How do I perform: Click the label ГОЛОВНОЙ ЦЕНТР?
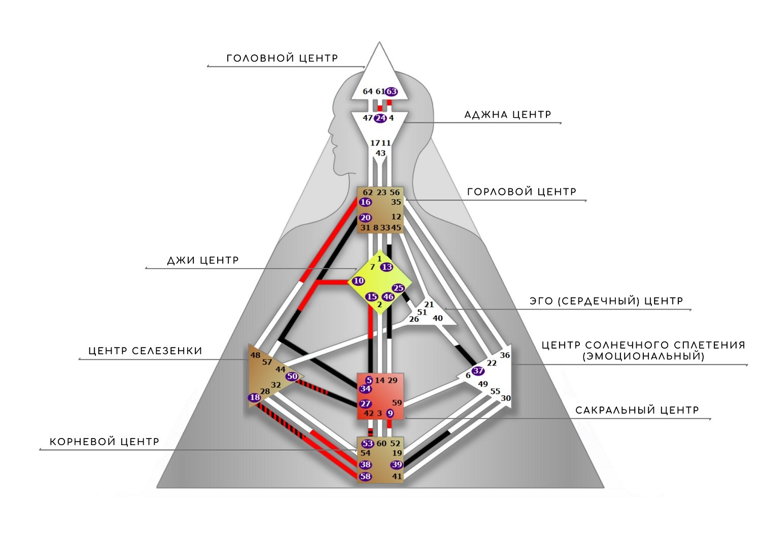pyautogui.click(x=282, y=58)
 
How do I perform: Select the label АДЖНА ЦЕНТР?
pyautogui.click(x=507, y=115)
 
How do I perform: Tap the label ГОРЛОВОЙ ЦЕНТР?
pyautogui.click(x=522, y=192)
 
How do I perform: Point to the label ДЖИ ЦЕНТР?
pyautogui.click(x=203, y=260)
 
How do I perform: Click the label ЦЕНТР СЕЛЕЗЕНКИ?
pyautogui.click(x=146, y=351)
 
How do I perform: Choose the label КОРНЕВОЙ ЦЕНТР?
pyautogui.click(x=105, y=442)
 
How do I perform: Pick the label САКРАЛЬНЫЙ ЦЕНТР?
pyautogui.click(x=637, y=410)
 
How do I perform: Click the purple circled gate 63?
pyautogui.click(x=391, y=91)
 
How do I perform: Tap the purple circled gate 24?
pyautogui.click(x=380, y=118)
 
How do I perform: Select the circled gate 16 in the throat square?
pyautogui.click(x=366, y=202)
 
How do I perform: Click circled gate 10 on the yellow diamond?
pyautogui.click(x=358, y=281)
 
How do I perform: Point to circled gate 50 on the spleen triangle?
pyautogui.click(x=292, y=376)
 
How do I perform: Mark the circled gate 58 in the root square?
pyautogui.click(x=366, y=476)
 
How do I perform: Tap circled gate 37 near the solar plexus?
pyautogui.click(x=478, y=371)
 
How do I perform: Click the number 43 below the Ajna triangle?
pyautogui.click(x=380, y=153)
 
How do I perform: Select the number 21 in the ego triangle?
pyautogui.click(x=429, y=304)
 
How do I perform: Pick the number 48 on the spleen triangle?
pyautogui.click(x=255, y=355)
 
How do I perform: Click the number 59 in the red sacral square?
pyautogui.click(x=397, y=402)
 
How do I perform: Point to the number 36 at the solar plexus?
pyautogui.click(x=505, y=355)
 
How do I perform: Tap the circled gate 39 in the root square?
pyautogui.click(x=396, y=464)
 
